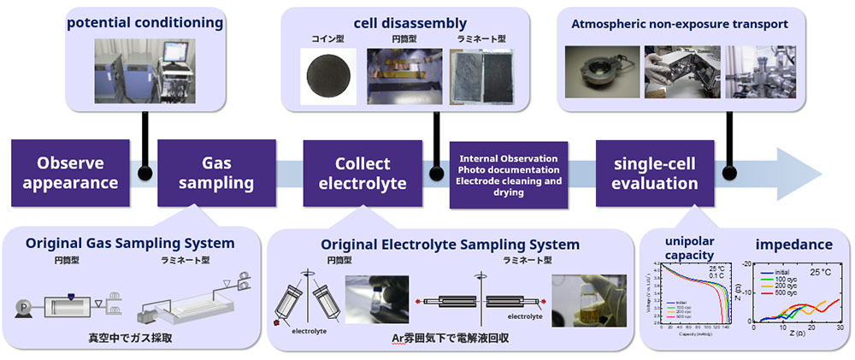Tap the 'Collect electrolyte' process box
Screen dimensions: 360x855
[x=363, y=173]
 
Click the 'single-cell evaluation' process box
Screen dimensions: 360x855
[x=655, y=173]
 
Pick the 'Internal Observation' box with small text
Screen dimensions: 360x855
[x=509, y=175]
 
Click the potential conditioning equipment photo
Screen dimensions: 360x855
[x=144, y=68]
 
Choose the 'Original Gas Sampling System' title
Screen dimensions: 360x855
[x=130, y=243]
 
